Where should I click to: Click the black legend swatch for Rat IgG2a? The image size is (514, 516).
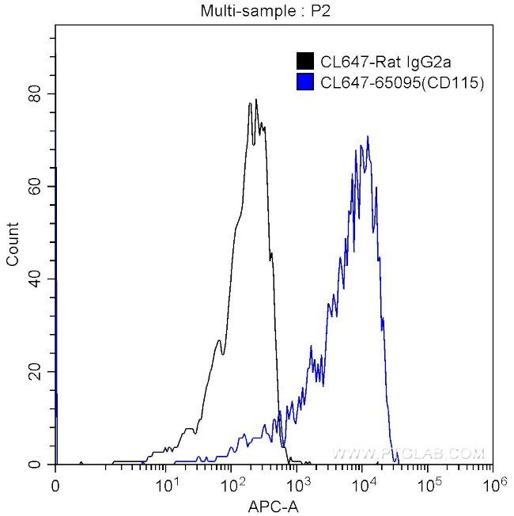tap(304, 61)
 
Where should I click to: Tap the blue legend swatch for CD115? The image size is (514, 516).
tap(304, 82)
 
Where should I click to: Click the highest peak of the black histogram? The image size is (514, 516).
tap(256, 101)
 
